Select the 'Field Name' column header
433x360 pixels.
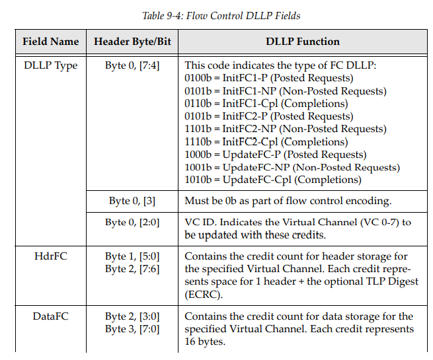50,42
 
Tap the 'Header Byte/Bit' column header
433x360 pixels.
132,42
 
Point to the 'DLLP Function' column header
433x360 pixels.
302,42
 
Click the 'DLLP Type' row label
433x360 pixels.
50,65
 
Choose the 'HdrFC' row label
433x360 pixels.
50,256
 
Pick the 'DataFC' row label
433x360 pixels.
50,316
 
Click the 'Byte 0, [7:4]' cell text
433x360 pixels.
132,65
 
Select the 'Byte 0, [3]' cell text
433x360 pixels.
132,200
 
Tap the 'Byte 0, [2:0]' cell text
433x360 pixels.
132,222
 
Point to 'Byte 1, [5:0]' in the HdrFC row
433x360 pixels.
132,256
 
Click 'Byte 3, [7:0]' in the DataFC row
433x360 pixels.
132,329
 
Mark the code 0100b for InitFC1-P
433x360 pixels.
198,79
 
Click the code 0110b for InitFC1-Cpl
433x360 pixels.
198,104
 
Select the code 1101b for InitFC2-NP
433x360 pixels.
198,129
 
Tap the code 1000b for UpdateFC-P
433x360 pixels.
198,154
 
